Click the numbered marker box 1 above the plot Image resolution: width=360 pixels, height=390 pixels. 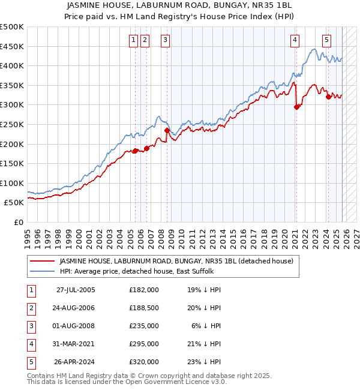[133, 40]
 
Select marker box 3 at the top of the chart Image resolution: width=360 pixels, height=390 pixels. [165, 40]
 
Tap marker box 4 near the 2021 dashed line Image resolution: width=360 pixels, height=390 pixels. [295, 40]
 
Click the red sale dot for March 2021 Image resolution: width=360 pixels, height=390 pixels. [296, 107]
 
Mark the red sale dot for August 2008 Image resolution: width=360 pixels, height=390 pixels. [167, 130]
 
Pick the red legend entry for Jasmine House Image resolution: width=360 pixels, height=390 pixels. [176, 261]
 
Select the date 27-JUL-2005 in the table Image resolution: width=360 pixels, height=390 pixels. [75, 290]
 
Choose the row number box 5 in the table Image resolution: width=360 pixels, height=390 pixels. [30, 362]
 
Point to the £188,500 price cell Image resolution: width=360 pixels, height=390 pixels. [144, 308]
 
